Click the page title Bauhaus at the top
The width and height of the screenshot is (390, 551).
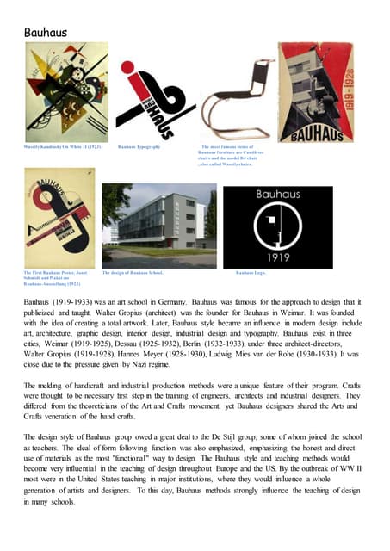[46, 32]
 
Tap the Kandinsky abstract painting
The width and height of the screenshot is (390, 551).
[59, 92]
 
